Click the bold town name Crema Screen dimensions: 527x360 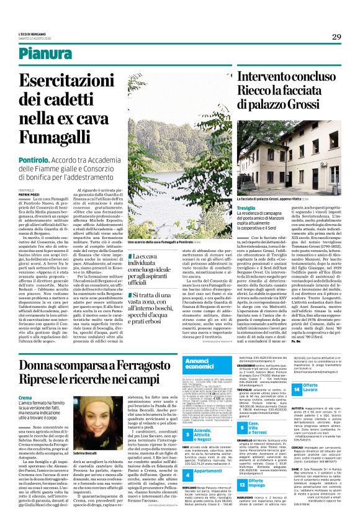click(25, 397)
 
